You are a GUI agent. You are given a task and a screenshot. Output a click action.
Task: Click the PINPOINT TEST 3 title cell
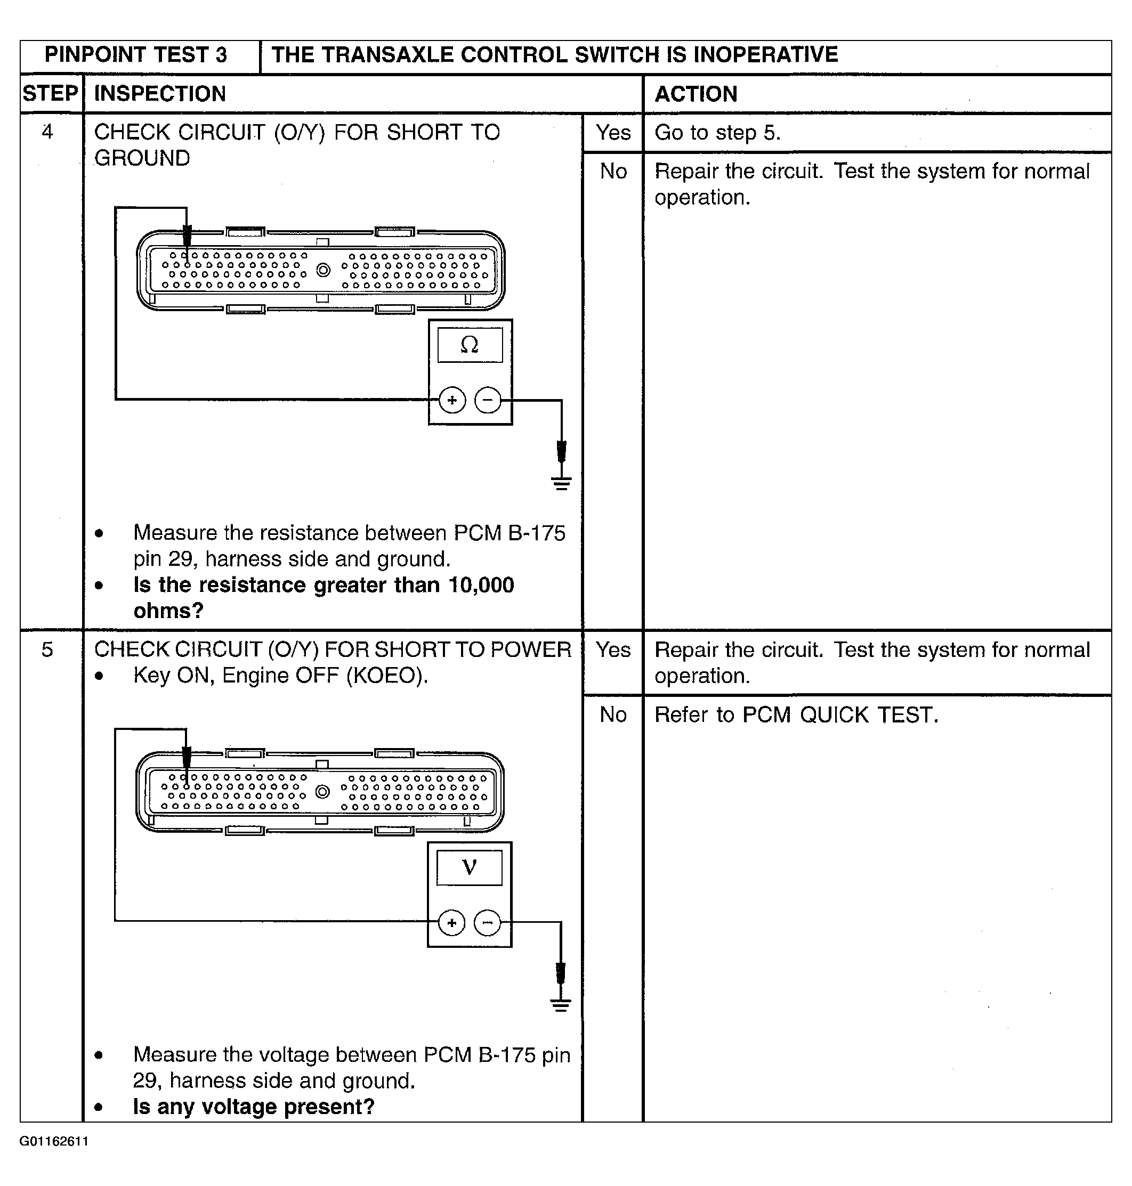pos(136,55)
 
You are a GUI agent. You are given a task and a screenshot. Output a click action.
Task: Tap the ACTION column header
pos(696,94)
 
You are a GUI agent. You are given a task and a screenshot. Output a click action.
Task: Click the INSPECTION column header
pos(160,94)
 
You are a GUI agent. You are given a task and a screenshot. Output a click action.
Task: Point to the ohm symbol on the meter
pos(470,345)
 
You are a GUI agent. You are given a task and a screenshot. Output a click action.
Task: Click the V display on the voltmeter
pos(469,867)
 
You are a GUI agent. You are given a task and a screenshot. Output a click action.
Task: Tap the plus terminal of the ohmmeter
pos(452,400)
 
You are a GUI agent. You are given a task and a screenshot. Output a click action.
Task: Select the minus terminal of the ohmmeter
pos(488,400)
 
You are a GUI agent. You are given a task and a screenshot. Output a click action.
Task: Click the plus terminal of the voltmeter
pos(451,922)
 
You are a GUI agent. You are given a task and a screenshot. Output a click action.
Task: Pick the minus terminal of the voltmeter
pos(487,922)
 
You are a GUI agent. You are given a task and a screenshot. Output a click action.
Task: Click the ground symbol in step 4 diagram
pos(561,483)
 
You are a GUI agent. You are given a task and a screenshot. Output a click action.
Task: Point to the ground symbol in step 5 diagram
pos(561,1005)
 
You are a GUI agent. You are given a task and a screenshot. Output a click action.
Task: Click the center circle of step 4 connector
pos(324,270)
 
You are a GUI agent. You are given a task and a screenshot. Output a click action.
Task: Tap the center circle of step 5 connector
pos(323,792)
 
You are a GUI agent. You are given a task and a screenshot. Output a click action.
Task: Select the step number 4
pos(47,132)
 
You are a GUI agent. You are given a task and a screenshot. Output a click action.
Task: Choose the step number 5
pos(47,649)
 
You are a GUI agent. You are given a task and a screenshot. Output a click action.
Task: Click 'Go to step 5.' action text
pos(717,133)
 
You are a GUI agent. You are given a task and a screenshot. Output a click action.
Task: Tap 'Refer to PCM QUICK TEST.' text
pos(796,715)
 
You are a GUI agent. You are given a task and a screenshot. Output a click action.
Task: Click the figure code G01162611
pos(54,1141)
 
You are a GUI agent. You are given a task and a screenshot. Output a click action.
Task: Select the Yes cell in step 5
pos(613,649)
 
